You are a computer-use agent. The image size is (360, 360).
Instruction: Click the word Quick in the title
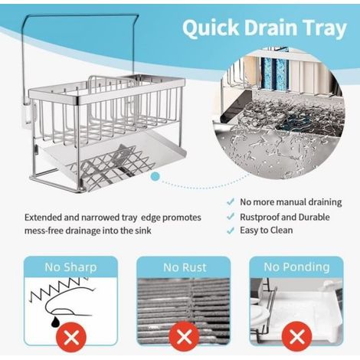coord(211,28)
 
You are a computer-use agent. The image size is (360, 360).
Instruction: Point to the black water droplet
coord(54,322)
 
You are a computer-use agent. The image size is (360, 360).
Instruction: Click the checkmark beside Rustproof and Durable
coord(231,217)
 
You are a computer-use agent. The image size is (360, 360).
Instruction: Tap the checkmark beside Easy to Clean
coord(231,231)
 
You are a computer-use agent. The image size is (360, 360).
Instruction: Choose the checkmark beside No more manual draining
coord(231,202)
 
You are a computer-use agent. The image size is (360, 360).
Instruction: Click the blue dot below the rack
coord(155,176)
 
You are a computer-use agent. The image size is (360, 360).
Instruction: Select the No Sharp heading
coord(70,267)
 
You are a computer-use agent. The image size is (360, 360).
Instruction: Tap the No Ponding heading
coord(296,267)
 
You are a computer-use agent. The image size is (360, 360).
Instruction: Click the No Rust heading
coord(185,267)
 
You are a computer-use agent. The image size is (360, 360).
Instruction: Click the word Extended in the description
coord(43,218)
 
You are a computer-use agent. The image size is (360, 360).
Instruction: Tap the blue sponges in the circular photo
coord(276,75)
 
